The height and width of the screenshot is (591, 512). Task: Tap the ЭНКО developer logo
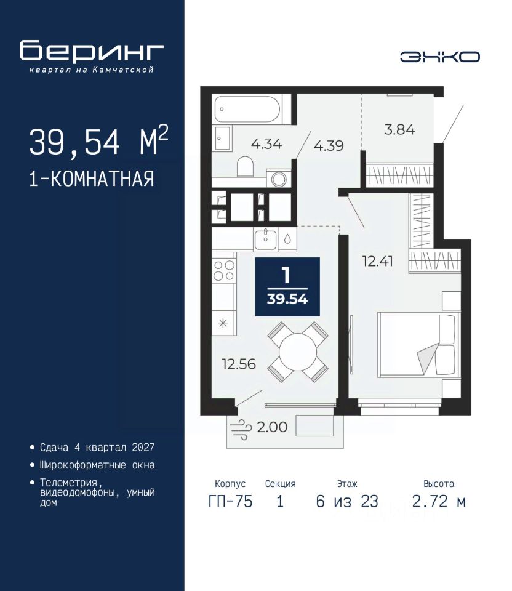coord(439,57)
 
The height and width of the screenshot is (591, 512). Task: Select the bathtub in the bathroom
coord(247,109)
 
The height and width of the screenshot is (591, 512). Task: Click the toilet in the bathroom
coord(246,166)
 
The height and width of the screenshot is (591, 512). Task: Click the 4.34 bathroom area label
coord(266,144)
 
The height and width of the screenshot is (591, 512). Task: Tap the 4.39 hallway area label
coord(329,145)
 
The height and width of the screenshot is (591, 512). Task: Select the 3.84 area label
coord(399,130)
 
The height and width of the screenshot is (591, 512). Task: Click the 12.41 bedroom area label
coord(377,261)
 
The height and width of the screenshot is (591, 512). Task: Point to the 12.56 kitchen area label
coord(239,364)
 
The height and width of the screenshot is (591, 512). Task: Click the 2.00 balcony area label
coord(272,427)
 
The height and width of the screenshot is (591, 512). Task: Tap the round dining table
coord(298,352)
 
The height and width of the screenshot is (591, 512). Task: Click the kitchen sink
coord(266,239)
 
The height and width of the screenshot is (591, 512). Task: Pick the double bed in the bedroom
coord(419,344)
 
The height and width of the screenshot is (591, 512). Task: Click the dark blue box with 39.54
coord(287,287)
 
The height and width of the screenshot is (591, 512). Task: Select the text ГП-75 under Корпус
coord(230,502)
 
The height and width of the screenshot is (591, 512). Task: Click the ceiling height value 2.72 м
coord(439,502)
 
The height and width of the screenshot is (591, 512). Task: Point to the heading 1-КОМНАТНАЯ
coord(92,179)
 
